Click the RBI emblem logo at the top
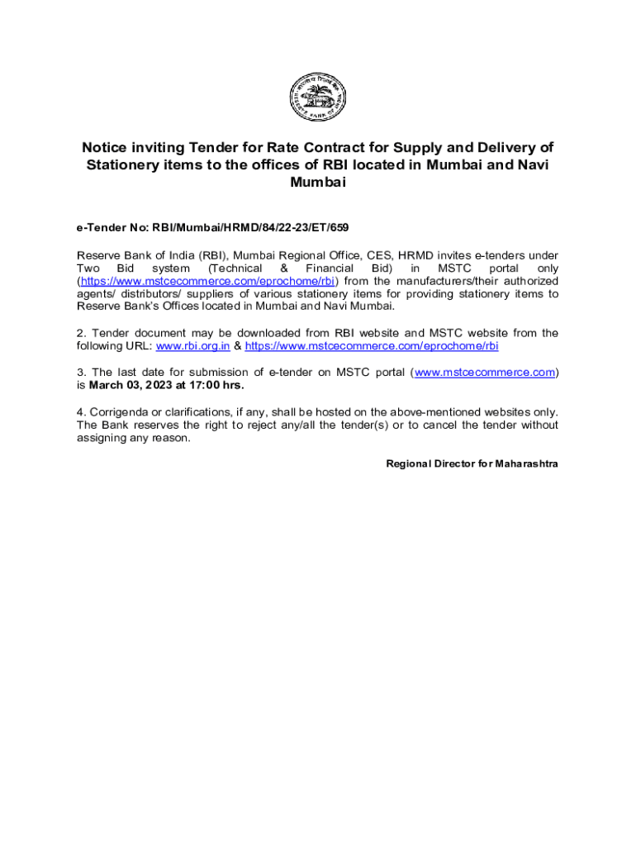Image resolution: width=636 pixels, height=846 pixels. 317,98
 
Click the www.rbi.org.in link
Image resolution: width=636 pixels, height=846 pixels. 192,346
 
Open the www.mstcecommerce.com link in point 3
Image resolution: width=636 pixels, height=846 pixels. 484,373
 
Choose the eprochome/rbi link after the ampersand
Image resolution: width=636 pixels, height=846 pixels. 372,346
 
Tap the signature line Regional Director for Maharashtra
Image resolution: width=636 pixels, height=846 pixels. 472,464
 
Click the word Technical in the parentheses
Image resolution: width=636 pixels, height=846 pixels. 235,269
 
